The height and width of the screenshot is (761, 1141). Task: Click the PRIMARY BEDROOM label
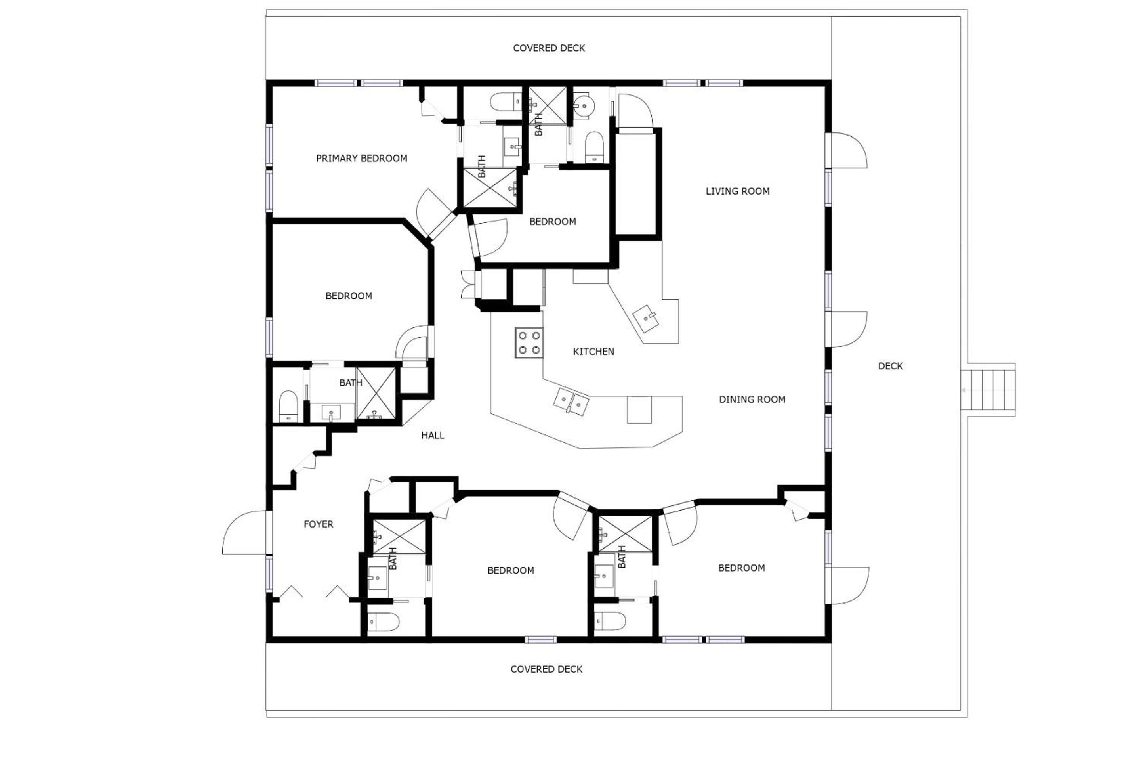pos(361,158)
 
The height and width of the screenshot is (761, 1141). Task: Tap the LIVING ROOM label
pos(737,191)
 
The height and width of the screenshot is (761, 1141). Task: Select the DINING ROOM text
pos(752,400)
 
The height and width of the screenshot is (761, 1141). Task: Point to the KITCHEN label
pos(593,352)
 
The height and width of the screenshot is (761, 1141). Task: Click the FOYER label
pos(318,524)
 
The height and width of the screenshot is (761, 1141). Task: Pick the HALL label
pos(432,435)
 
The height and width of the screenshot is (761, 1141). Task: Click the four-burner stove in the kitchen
pos(529,342)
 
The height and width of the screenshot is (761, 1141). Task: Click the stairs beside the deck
pos(987,390)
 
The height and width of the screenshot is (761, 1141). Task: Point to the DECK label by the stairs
pos(891,366)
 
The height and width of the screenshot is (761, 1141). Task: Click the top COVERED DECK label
pos(549,48)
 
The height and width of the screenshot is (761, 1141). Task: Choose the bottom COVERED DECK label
pos(546,669)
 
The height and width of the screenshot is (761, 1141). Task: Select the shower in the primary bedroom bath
pos(490,188)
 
